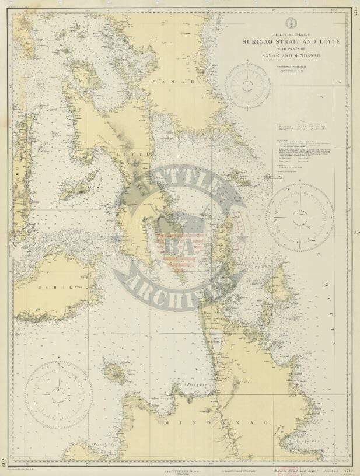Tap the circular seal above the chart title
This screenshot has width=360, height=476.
coord(289,23)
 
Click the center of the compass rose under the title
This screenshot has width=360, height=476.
coord(247,85)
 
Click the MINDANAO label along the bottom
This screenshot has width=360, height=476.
coord(217,421)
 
